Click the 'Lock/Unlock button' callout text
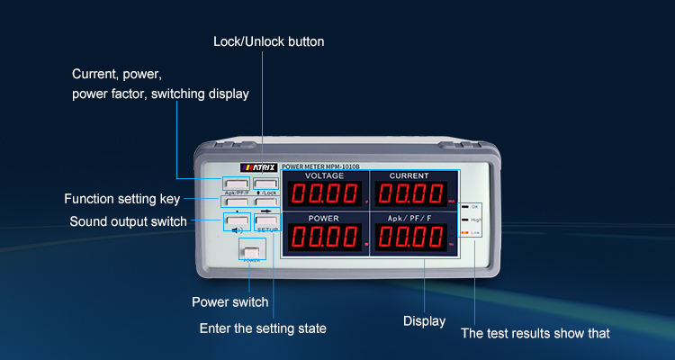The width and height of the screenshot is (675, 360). tap(268, 41)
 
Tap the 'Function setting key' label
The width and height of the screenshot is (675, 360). tap(122, 199)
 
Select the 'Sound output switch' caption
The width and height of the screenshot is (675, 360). tap(128, 221)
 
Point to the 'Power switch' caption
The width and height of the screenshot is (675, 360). tap(229, 301)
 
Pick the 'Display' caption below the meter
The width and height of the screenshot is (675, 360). tap(424, 320)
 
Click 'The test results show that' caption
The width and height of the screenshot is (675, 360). tap(535, 333)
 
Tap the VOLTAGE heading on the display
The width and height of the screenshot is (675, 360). tap(325, 175)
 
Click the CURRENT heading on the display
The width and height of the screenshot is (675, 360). tap(409, 175)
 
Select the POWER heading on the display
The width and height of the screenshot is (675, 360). tap(325, 219)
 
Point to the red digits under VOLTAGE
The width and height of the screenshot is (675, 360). tap(323, 193)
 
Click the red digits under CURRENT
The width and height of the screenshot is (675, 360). tap(409, 193)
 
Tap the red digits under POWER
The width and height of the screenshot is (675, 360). tap(323, 237)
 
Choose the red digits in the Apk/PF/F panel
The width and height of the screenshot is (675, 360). tap(409, 237)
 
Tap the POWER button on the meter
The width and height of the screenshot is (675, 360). tap(250, 252)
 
